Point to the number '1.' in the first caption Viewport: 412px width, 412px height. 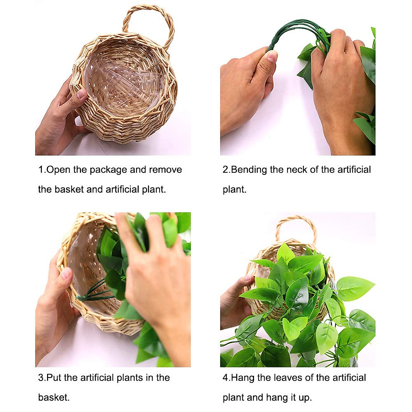[42, 170]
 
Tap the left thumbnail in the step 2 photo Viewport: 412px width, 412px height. [272, 56]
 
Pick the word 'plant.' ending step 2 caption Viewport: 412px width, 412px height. [234, 190]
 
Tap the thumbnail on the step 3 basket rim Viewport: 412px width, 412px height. [67, 273]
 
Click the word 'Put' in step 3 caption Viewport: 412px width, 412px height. [54, 378]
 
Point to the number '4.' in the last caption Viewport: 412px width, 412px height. [226, 378]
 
